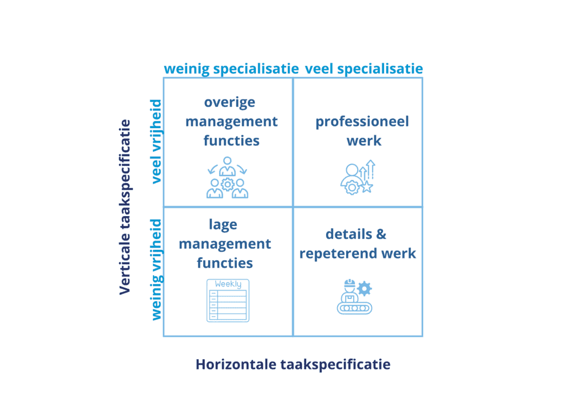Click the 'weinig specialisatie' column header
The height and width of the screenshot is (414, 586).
click(x=231, y=69)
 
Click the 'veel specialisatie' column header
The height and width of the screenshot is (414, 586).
click(x=364, y=69)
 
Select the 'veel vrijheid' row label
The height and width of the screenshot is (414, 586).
click(x=156, y=142)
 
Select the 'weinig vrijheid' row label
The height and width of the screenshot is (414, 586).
click(x=156, y=269)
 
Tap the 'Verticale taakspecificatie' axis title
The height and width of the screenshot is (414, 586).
click(x=125, y=207)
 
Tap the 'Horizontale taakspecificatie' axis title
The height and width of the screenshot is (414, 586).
click(x=293, y=364)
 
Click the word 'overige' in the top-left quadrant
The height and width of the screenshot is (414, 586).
click(x=229, y=103)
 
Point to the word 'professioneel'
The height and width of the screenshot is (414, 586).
click(x=362, y=122)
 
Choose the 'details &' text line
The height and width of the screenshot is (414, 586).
click(x=356, y=234)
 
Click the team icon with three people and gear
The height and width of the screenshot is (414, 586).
click(x=227, y=178)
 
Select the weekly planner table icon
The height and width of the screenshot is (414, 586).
click(x=228, y=300)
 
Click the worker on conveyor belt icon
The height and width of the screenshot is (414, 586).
click(x=354, y=297)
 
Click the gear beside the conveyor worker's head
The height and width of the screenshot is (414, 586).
click(x=364, y=288)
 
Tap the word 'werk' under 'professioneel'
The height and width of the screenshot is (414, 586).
click(x=363, y=141)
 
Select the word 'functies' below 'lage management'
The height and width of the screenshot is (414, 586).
click(x=225, y=263)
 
